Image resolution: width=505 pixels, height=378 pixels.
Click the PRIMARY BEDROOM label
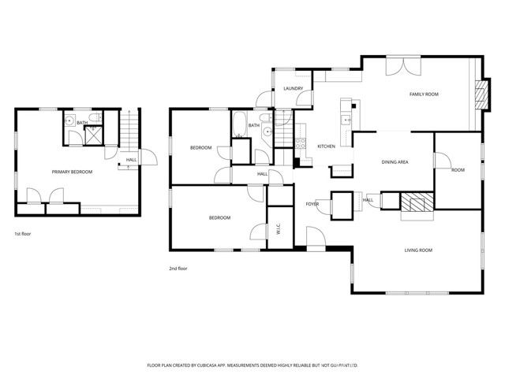click(72, 172)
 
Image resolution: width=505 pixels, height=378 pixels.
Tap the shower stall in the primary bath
click(93, 135)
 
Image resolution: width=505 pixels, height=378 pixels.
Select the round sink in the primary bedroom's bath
click(69, 121)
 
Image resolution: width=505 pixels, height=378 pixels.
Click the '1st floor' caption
click(22, 234)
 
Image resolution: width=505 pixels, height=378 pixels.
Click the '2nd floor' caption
click(178, 269)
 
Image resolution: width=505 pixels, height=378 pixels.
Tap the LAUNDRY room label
click(294, 89)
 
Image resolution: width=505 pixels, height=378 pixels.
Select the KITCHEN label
click(327, 146)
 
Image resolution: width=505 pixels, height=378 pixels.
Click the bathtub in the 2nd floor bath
click(238, 125)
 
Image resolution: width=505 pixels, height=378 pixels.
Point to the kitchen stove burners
click(301, 143)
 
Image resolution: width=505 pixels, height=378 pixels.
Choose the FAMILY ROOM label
click(423, 94)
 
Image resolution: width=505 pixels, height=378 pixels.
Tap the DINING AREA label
click(394, 162)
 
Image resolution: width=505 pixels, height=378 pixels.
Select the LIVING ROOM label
click(418, 250)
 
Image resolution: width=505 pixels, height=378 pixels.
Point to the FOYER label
click(312, 204)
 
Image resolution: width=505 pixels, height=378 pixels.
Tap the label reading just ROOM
click(458, 170)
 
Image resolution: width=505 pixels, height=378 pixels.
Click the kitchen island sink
click(346, 120)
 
